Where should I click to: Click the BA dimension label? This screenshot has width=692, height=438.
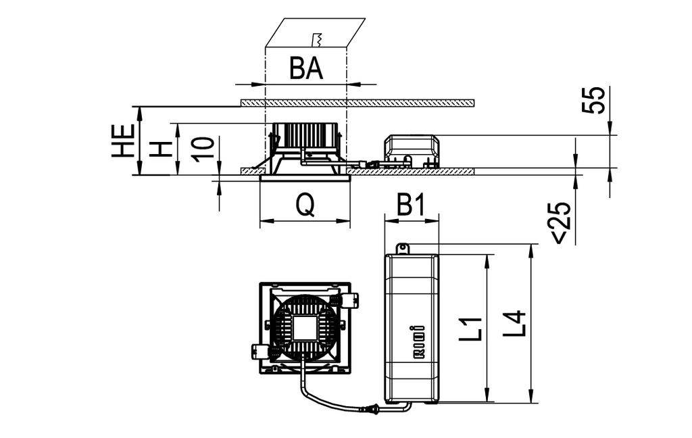coord(306,68)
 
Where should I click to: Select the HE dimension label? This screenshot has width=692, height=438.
coord(123,141)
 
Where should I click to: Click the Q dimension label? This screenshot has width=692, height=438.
coord(305,205)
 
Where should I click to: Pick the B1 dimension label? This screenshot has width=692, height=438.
coord(411,205)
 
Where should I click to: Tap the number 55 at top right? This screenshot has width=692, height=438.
coord(594,100)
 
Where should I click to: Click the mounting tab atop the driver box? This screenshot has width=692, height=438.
coord(403,249)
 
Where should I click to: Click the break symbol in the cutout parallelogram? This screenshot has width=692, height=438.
coord(317,38)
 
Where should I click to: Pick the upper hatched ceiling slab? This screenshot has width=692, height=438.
coord(357,103)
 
